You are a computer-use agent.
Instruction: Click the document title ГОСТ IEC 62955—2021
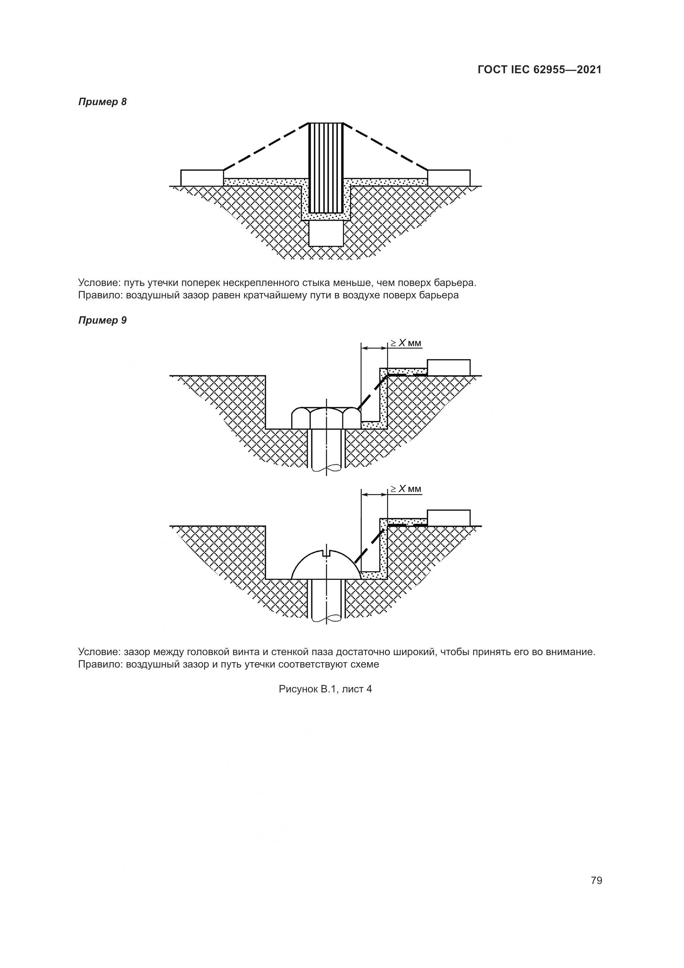click(x=540, y=70)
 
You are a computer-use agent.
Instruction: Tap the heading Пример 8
click(x=102, y=102)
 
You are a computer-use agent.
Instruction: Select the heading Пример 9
click(x=102, y=320)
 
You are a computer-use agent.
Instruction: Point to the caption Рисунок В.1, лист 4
click(x=325, y=689)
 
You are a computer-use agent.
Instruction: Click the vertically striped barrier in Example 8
click(x=326, y=167)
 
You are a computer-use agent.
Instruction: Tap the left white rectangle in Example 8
click(x=202, y=178)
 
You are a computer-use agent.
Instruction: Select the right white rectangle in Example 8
click(x=449, y=178)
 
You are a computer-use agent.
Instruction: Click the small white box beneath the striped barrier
click(x=326, y=233)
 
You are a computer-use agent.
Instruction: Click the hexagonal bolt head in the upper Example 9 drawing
click(x=326, y=418)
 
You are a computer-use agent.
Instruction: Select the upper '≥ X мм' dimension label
click(x=405, y=343)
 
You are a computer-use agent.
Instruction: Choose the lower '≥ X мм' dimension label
click(x=405, y=489)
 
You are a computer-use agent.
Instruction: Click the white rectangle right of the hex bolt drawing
click(x=449, y=367)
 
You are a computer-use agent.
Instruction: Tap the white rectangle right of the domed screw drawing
click(x=449, y=517)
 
